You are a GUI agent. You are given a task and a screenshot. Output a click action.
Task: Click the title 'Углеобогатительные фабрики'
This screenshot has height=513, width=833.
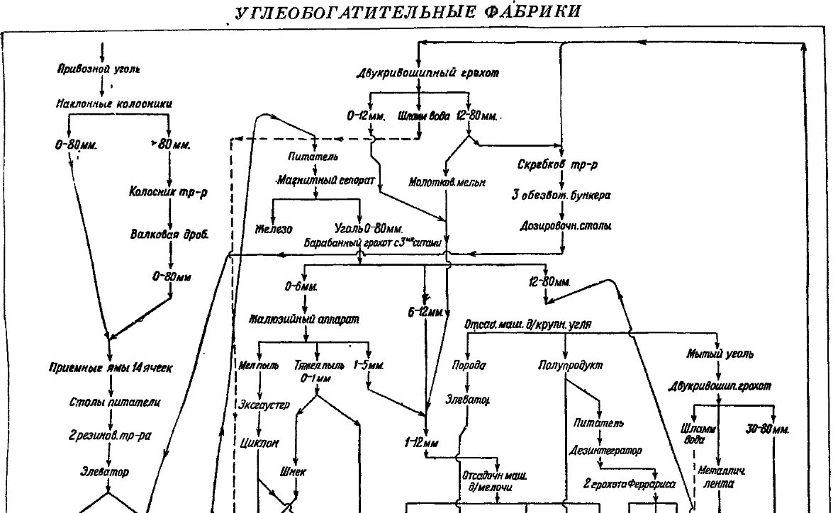pos(408,13)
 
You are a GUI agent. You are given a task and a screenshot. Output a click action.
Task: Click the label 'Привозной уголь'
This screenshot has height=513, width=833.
pos(99,69)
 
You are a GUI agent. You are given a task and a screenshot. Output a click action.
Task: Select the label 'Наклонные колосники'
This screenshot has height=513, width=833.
pos(114,103)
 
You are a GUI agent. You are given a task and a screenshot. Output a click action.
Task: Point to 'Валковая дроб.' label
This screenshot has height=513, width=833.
pos(169,235)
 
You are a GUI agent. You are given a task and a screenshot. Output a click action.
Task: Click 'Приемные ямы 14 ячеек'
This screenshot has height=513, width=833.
pos(111,367)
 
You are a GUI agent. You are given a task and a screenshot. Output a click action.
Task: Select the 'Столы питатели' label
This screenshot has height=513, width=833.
pos(114,402)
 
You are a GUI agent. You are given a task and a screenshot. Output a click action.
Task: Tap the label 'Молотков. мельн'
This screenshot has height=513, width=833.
pos(447,182)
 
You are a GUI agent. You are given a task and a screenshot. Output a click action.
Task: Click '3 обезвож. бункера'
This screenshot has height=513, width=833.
pos(561,195)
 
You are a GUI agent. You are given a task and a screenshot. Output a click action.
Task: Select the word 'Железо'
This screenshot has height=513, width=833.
pos(273,229)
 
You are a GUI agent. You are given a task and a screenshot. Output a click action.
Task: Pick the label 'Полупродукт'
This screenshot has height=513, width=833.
pos(569,366)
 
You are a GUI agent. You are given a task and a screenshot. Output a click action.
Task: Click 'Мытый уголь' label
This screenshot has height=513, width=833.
pos(720,354)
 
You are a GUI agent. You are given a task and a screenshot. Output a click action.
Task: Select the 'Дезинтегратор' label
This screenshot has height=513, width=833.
pos(606,451)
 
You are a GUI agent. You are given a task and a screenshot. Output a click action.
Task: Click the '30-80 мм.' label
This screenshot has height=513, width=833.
pos(768,429)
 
